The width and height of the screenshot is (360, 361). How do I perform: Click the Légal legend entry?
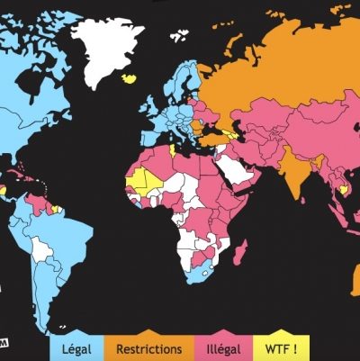[78, 347]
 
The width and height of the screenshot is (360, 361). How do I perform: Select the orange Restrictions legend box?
[149, 347]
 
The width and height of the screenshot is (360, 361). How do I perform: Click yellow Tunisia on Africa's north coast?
[171, 149]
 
